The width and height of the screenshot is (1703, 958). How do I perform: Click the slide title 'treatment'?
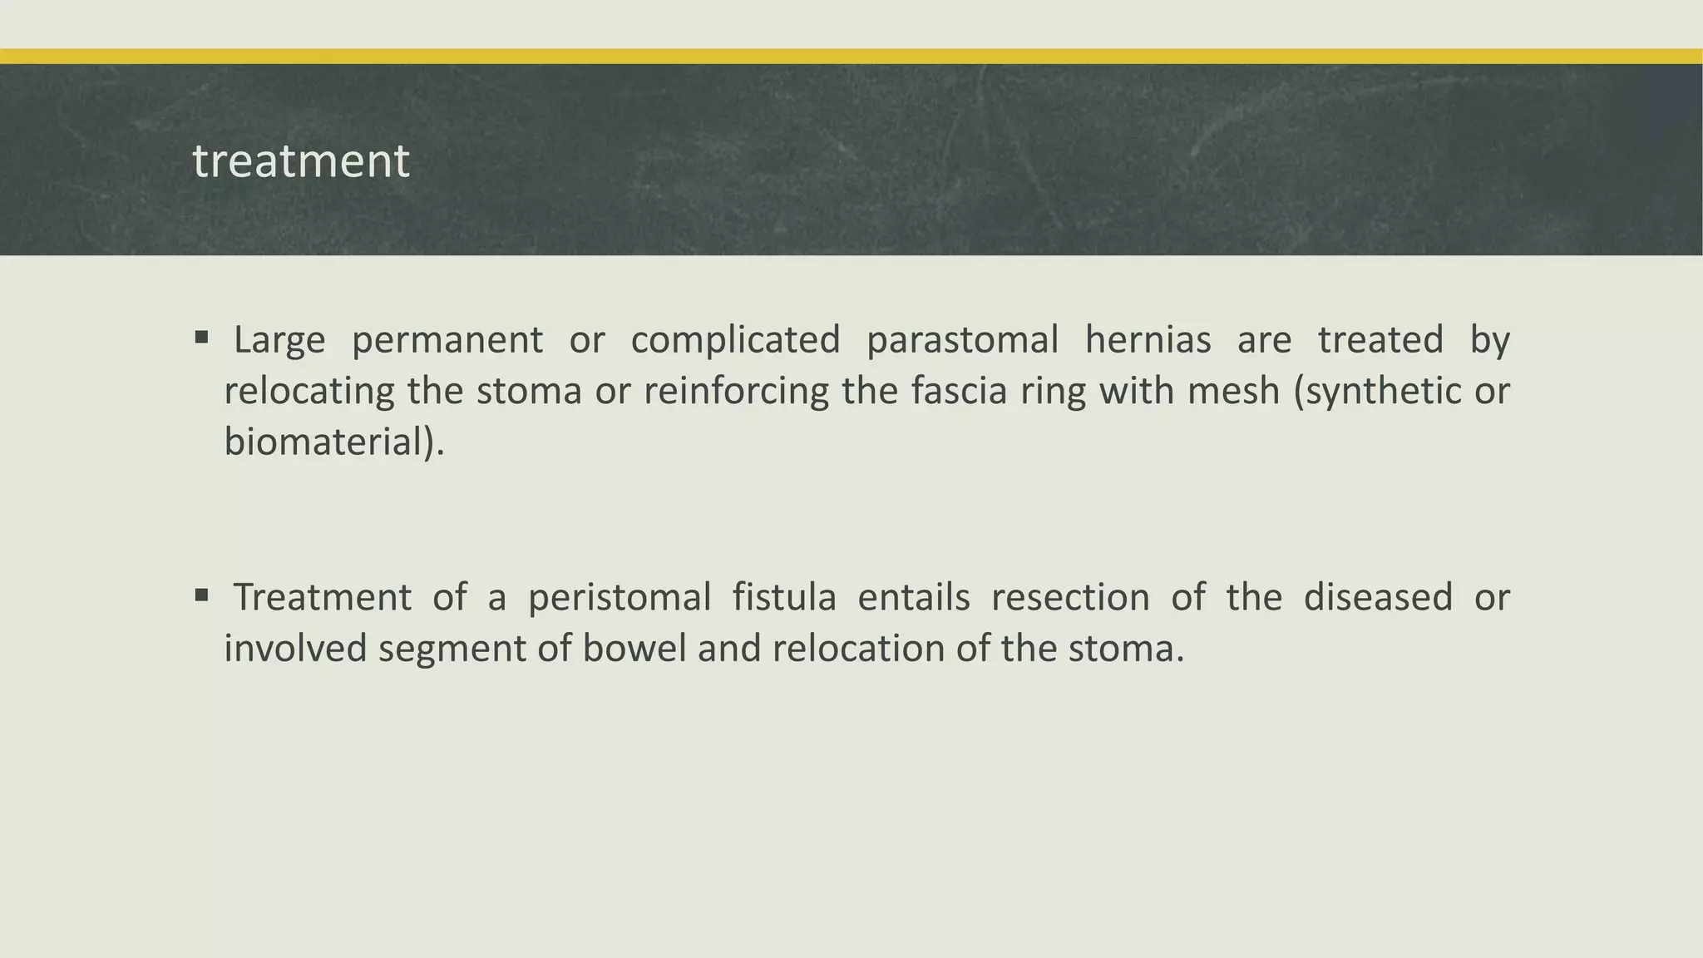point(301,160)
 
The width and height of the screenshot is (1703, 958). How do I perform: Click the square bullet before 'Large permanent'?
point(201,338)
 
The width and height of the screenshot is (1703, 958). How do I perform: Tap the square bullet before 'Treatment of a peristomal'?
point(201,595)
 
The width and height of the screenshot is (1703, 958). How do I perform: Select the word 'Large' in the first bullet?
point(279,340)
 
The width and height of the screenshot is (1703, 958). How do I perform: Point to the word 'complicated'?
point(735,340)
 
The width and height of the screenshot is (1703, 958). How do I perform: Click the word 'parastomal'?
point(962,340)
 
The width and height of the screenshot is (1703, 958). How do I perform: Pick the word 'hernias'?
point(1148,340)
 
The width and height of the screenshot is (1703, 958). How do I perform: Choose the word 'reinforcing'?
point(736,392)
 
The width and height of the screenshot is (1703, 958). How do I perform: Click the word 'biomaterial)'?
point(334,442)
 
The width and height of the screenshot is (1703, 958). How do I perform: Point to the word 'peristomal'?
point(619,598)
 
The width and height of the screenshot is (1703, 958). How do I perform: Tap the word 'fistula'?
point(783,597)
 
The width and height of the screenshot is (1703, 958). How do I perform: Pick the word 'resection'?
point(1070,597)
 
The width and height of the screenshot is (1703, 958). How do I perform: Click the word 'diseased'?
point(1378,597)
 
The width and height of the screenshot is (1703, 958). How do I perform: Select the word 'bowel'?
point(634,649)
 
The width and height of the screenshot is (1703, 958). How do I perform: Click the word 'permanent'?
point(447,341)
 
